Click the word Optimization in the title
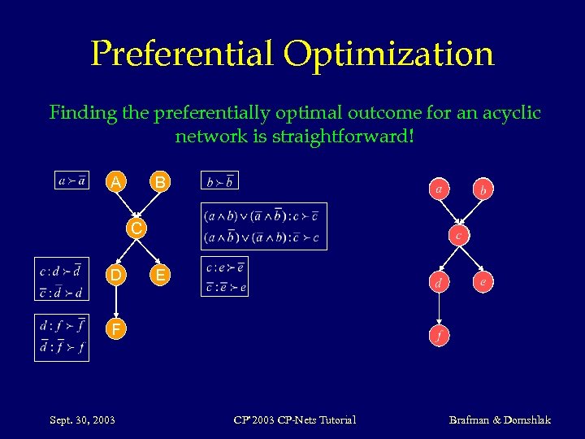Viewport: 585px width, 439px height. (x=388, y=54)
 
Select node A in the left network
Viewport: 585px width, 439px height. (x=117, y=183)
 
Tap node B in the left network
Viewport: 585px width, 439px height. (x=161, y=183)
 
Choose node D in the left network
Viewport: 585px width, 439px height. (x=117, y=276)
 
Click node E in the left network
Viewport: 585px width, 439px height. (x=161, y=276)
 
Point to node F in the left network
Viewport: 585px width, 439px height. (x=117, y=329)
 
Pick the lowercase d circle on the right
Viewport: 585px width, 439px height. (x=439, y=284)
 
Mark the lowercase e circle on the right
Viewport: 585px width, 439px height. (x=483, y=283)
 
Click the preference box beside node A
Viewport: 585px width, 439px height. (x=73, y=180)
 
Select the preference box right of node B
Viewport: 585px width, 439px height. (x=219, y=181)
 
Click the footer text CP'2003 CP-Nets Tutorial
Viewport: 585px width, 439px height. (x=294, y=419)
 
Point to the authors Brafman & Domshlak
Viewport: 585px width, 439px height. (x=500, y=419)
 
